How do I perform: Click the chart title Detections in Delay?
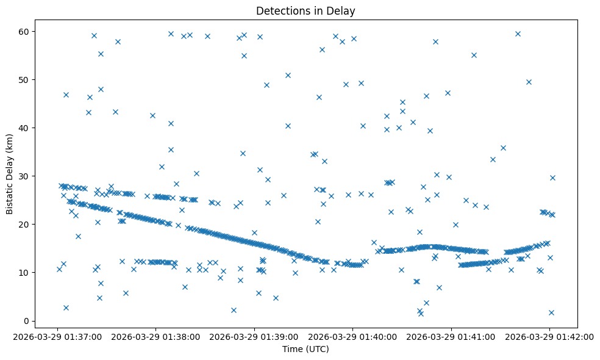click(305, 11)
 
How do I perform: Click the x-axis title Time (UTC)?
click(305, 349)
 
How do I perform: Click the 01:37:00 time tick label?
click(58, 336)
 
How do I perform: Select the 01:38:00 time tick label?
click(156, 336)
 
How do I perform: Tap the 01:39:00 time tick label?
click(254, 336)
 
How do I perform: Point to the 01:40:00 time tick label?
click(352, 336)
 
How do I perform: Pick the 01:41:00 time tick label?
click(451, 336)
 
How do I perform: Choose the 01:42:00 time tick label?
click(549, 336)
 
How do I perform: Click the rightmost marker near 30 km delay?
click(552, 178)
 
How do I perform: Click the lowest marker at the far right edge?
click(551, 312)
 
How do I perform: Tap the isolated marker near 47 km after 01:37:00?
click(66, 95)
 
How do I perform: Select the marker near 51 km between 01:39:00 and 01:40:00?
click(288, 75)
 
